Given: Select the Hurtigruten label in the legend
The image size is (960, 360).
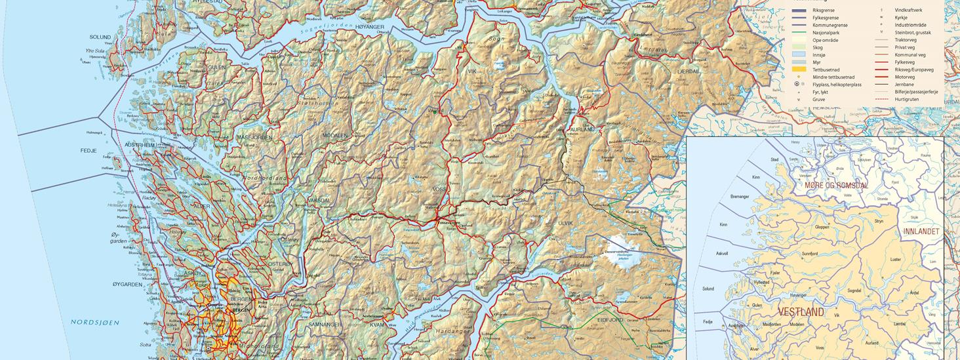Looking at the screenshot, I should click(x=906, y=99).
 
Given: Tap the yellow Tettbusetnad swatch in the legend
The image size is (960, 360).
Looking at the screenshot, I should click(x=799, y=70).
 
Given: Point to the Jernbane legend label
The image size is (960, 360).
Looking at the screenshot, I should click(x=904, y=85).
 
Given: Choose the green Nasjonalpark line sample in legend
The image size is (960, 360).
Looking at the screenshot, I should click(x=799, y=33).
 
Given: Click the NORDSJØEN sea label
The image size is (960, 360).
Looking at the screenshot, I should click(x=96, y=323).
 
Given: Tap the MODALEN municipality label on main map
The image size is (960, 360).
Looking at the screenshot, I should click(x=335, y=136).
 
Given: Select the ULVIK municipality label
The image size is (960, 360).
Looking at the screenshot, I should click(x=565, y=224).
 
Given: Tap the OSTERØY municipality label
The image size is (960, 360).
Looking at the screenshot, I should click(x=280, y=264).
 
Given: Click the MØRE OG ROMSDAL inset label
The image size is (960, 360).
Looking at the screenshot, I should click(x=836, y=186).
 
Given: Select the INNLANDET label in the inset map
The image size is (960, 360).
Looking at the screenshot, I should click(x=921, y=231).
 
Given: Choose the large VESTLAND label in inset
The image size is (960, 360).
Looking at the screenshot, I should click(x=801, y=313).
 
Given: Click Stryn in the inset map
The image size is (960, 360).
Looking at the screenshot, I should click(x=879, y=222).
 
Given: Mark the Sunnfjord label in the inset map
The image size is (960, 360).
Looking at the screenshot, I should click(x=810, y=253).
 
